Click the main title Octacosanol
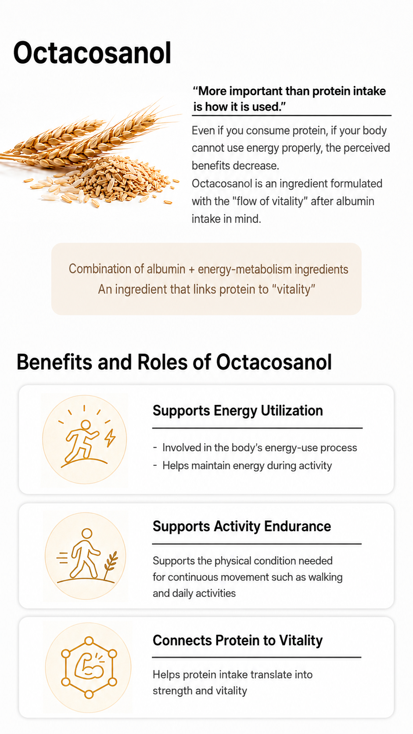coord(92,53)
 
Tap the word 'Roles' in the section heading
coord(162,362)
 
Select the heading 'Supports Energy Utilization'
coord(238,410)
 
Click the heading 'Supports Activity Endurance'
coord(242,526)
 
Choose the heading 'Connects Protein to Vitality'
coord(237,640)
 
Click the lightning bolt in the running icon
coord(110,437)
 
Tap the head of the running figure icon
coord(86,425)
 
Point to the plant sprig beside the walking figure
coord(110,564)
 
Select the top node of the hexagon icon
coord(89,641)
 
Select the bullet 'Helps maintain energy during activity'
coord(247,466)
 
